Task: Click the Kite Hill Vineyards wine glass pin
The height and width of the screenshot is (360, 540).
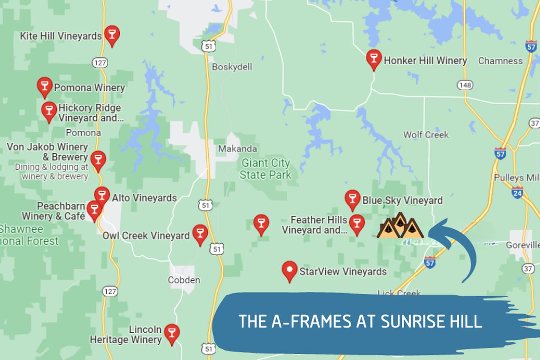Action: tap(112, 35)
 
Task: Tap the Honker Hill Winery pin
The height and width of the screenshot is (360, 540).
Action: tap(373, 58)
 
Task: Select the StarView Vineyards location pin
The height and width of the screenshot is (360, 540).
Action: tap(289, 270)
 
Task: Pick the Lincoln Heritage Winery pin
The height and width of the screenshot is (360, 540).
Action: tap(172, 333)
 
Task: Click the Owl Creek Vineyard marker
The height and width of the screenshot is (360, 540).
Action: tap(200, 234)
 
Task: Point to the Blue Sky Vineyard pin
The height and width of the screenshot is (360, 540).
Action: tap(352, 199)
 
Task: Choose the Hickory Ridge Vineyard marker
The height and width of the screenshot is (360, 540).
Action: tap(49, 111)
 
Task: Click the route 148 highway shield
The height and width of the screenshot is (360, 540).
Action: tap(465, 85)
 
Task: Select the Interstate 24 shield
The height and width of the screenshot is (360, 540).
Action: tap(517, 193)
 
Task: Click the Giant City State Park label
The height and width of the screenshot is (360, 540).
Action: tap(265, 169)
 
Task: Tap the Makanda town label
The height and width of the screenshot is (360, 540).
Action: tap(238, 149)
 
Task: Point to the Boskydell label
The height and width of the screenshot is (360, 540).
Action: tap(232, 67)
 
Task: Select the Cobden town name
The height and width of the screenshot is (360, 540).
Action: tap(184, 280)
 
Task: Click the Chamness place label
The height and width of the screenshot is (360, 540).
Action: tap(500, 61)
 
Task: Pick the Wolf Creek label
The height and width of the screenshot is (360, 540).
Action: tap(426, 135)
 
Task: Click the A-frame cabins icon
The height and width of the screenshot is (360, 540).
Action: tap(400, 226)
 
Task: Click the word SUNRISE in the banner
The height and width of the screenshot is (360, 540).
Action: tap(407, 322)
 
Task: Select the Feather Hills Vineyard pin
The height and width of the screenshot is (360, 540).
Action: tap(357, 224)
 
